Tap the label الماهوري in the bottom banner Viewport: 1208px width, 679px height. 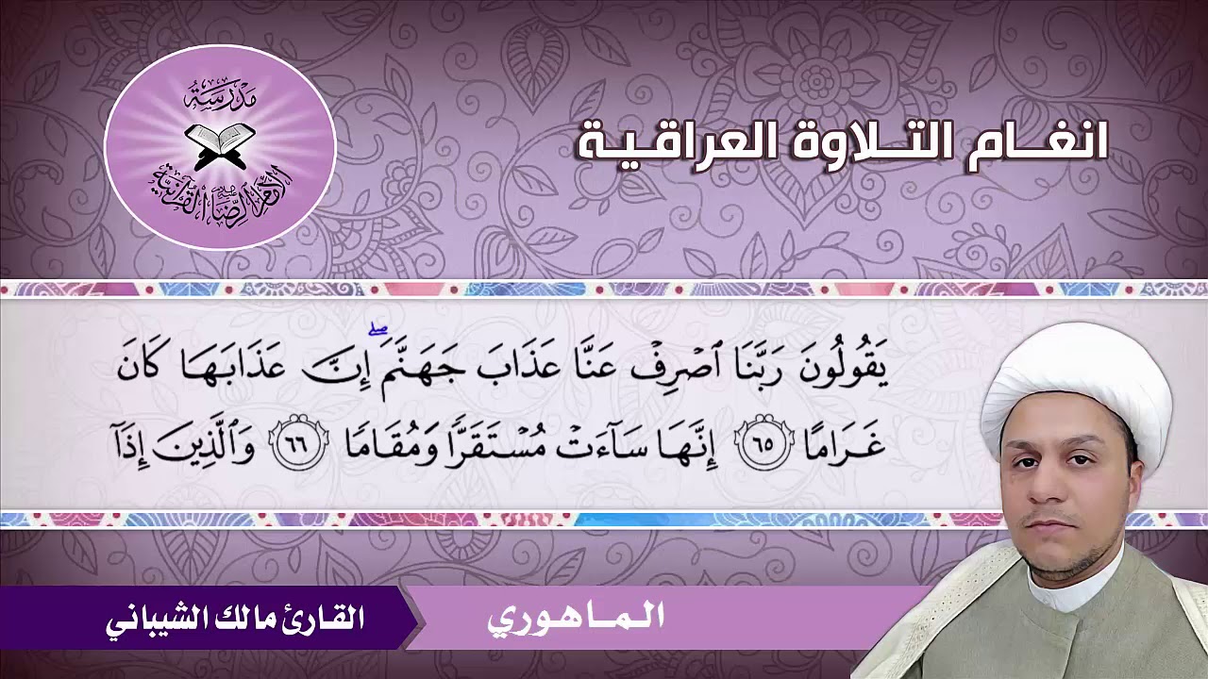(x=576, y=619)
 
